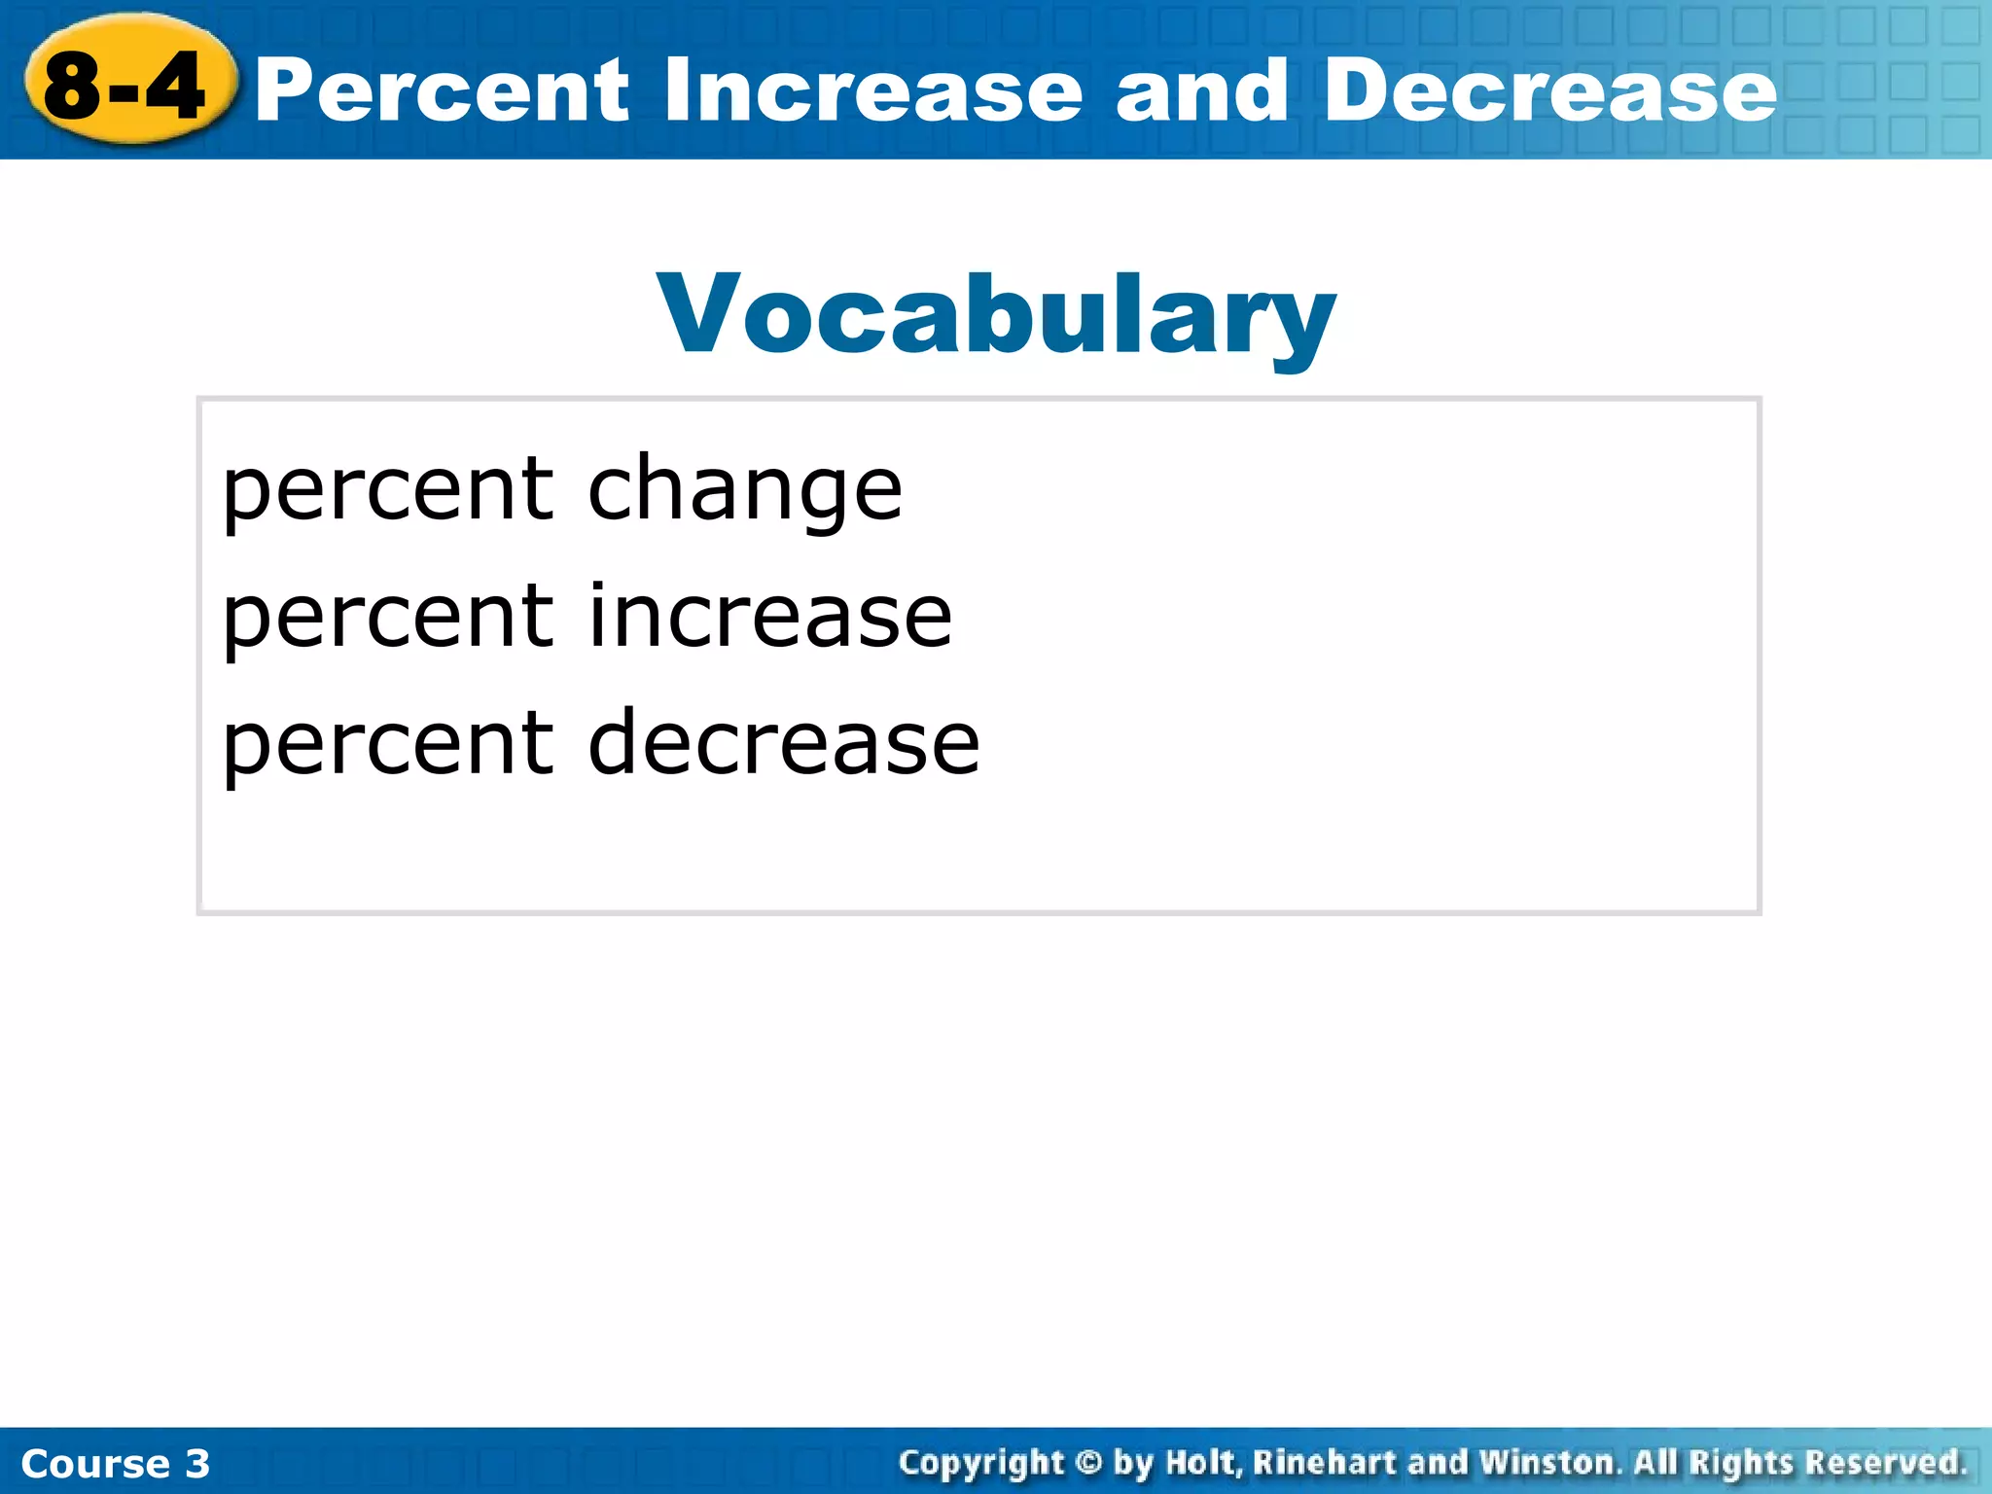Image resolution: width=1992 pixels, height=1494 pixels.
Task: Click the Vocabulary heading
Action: click(996, 314)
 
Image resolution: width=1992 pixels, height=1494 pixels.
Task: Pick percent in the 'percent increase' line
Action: click(388, 617)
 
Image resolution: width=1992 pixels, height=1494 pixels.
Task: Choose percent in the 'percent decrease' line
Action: click(388, 743)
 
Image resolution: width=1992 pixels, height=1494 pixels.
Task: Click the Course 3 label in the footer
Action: click(115, 1463)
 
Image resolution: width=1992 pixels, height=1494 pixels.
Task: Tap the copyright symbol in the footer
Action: click(1088, 1462)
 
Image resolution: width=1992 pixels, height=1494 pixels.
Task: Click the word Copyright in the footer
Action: click(981, 1463)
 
